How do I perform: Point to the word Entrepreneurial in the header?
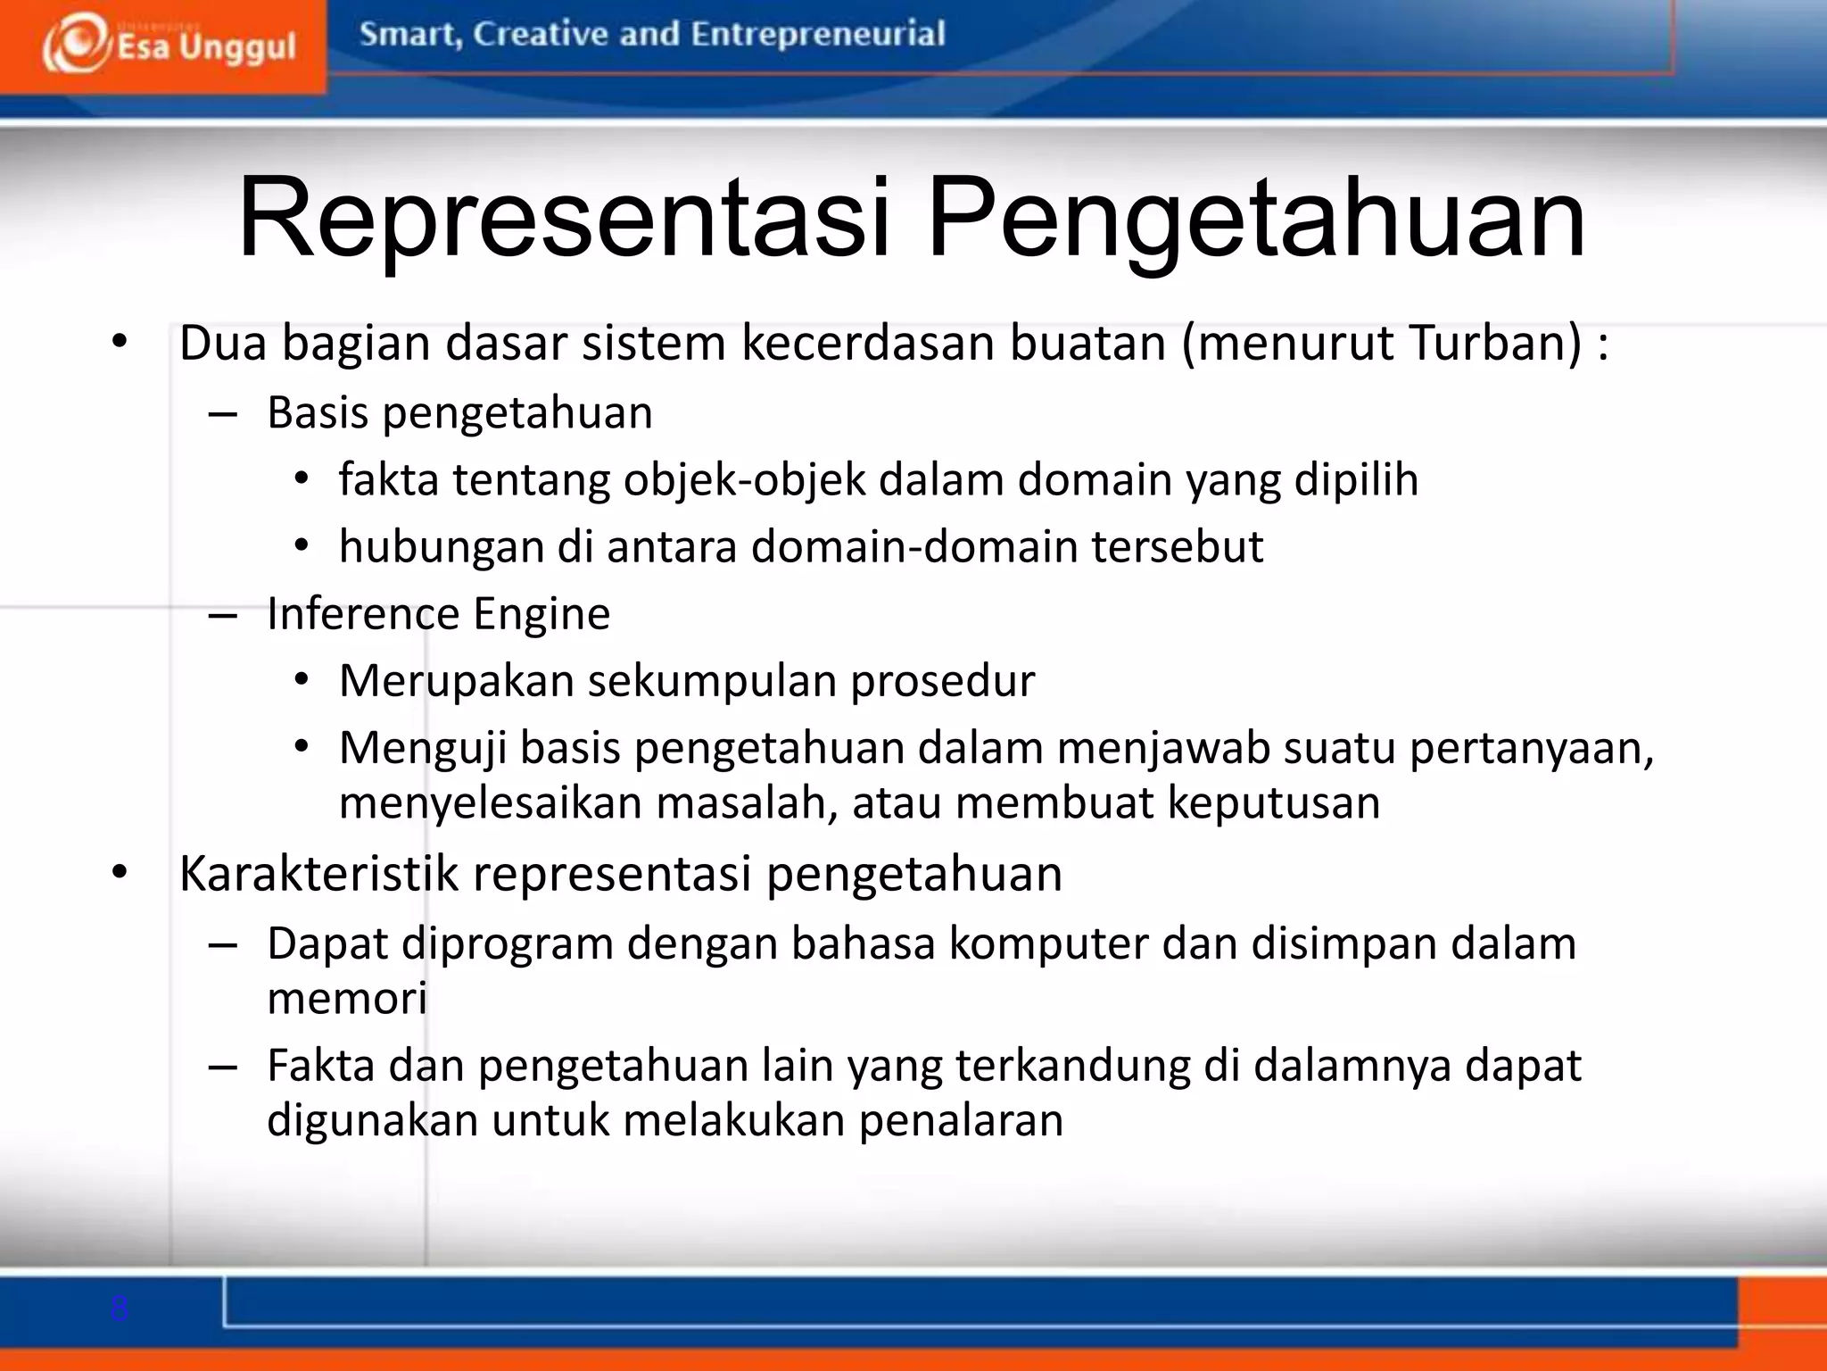[817, 34]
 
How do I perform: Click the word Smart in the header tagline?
[409, 34]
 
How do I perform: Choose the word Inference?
[362, 614]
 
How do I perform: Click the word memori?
[347, 998]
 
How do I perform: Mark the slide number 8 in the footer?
[120, 1309]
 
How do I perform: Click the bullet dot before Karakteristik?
[120, 873]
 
